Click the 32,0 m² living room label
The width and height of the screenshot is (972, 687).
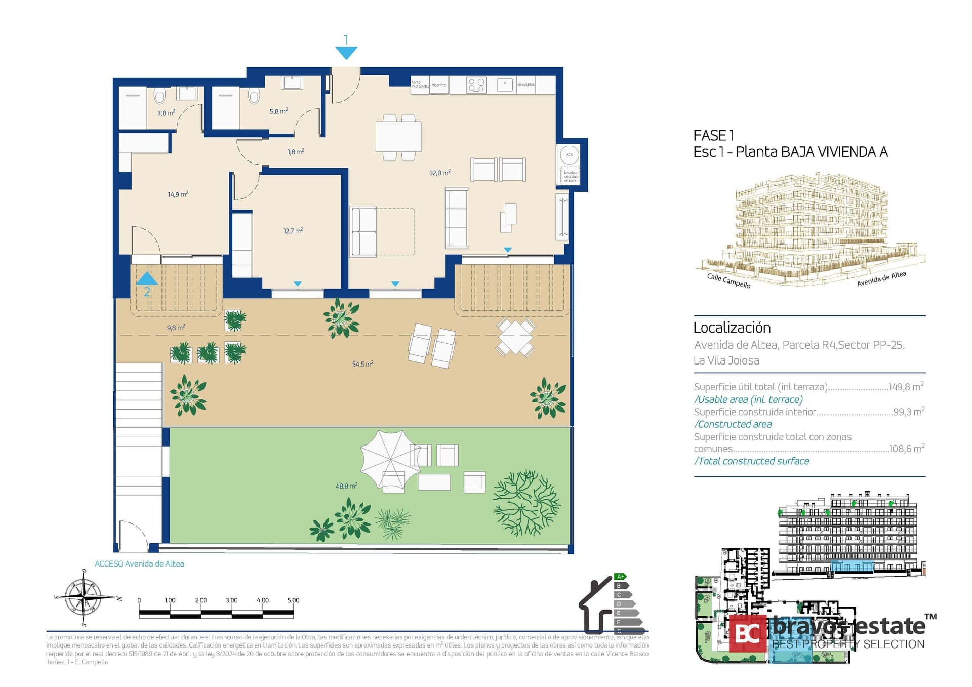pyautogui.click(x=439, y=173)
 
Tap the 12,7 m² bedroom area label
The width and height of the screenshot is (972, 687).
pyautogui.click(x=293, y=231)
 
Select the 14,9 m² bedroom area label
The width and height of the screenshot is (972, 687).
pyautogui.click(x=178, y=194)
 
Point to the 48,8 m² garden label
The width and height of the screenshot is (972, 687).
pyautogui.click(x=346, y=486)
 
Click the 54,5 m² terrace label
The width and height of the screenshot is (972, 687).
pyautogui.click(x=362, y=364)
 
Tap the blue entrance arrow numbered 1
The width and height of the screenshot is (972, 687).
pyautogui.click(x=346, y=52)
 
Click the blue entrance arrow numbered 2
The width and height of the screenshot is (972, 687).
pyautogui.click(x=147, y=279)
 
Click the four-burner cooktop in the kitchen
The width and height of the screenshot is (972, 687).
pyautogui.click(x=476, y=85)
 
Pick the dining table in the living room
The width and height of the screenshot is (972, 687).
pyautogui.click(x=398, y=137)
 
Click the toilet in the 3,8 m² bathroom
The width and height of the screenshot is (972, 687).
pyautogui.click(x=160, y=95)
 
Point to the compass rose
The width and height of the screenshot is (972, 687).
pyautogui.click(x=84, y=598)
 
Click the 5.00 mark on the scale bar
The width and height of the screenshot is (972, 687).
pyautogui.click(x=293, y=600)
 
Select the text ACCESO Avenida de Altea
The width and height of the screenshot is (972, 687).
pyautogui.click(x=139, y=564)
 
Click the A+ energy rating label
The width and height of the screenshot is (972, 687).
pyautogui.click(x=620, y=577)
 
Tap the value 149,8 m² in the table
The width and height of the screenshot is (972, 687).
pyautogui.click(x=906, y=387)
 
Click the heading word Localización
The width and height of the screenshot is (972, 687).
pyautogui.click(x=732, y=328)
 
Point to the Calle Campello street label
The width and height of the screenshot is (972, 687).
pyautogui.click(x=728, y=280)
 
